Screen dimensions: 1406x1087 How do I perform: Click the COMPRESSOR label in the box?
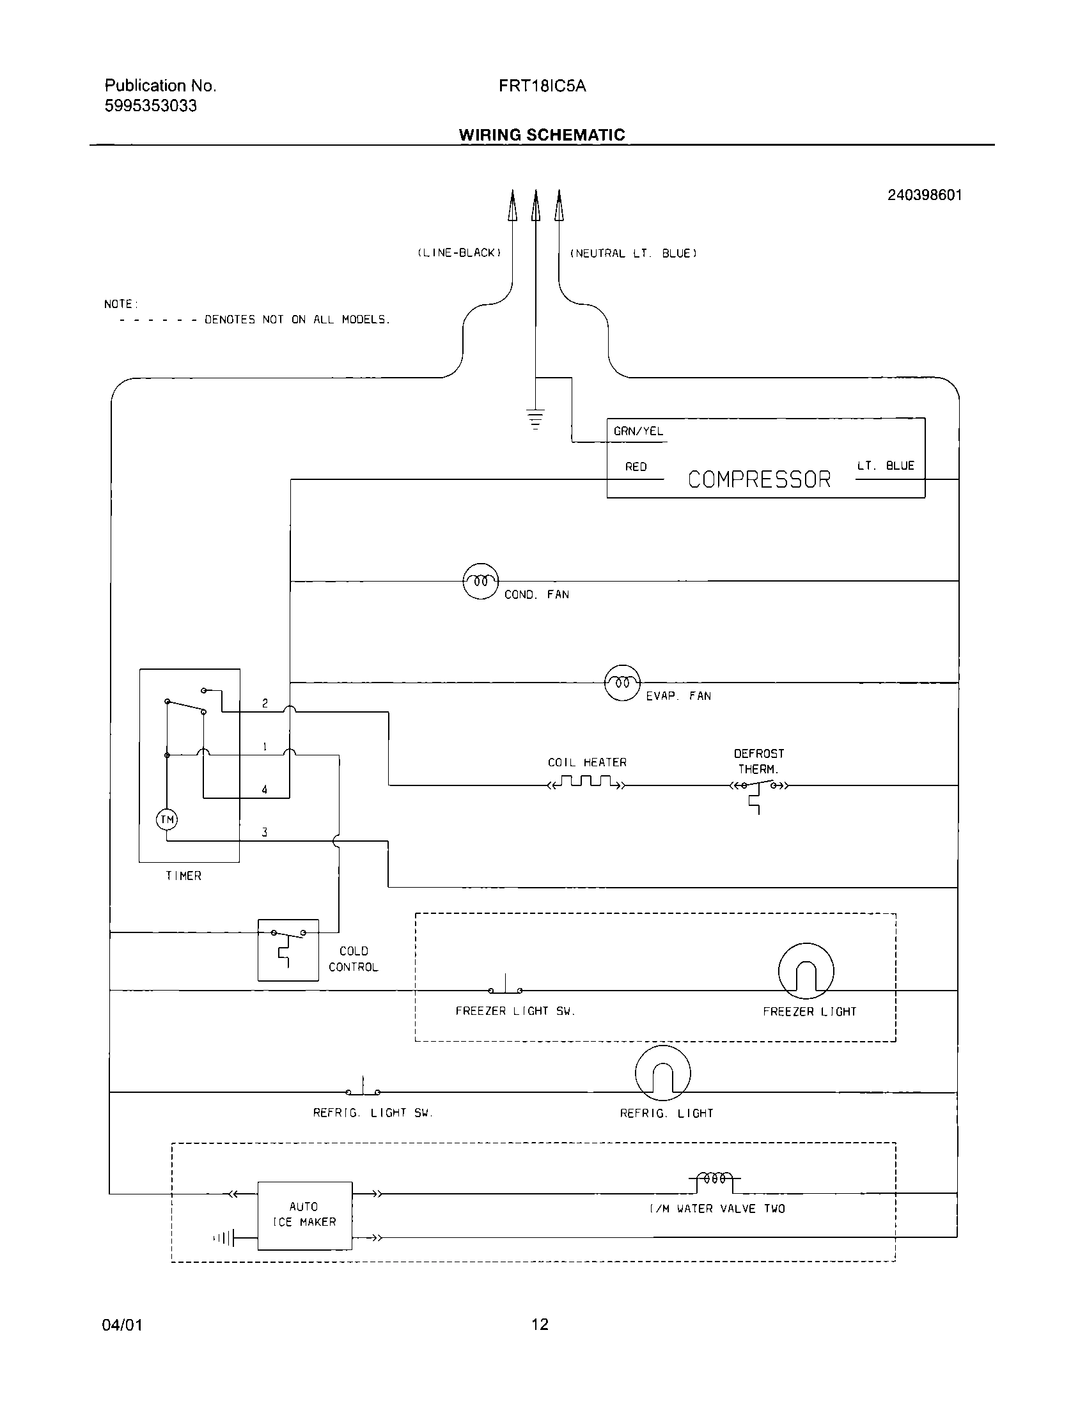coord(758,479)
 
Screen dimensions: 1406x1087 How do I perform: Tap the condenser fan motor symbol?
coord(480,582)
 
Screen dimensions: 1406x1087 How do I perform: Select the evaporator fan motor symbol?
coord(622,683)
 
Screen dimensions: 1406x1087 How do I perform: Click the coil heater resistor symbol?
coord(586,784)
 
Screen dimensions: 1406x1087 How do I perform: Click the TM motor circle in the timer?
coord(167,819)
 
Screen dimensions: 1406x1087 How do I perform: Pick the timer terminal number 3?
coord(265,832)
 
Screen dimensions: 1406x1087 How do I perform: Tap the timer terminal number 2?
coord(265,704)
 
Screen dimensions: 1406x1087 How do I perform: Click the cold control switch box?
coord(288,950)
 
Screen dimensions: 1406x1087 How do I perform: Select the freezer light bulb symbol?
coord(806,971)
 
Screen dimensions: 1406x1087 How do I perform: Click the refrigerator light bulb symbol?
coord(662,1073)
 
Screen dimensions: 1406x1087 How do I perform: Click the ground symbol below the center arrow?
coord(535,418)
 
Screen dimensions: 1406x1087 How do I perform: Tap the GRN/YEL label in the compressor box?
coord(638,431)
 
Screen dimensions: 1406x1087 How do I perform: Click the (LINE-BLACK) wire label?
coord(459,253)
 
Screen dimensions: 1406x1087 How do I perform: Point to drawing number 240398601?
coord(924,195)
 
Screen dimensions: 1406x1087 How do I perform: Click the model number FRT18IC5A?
coord(542,86)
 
